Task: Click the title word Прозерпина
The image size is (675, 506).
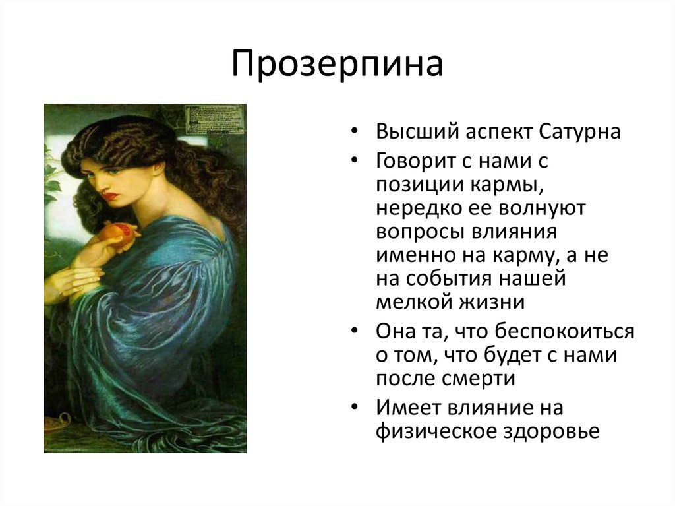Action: point(337,64)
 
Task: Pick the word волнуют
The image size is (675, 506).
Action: point(542,209)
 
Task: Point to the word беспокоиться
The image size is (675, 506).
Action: point(564,332)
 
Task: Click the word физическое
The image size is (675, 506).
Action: point(434,431)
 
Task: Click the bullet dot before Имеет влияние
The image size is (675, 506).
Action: point(354,407)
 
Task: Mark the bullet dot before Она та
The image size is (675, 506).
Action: point(354,331)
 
